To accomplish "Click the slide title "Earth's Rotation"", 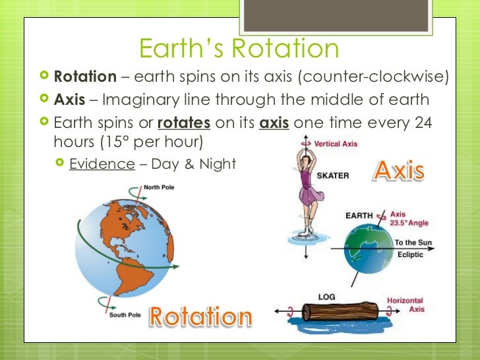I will pyautogui.click(x=239, y=48).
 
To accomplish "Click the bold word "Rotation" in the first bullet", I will pyautogui.click(x=85, y=76).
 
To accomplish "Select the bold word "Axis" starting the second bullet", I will pyautogui.click(x=69, y=100).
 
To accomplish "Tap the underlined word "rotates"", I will pyautogui.click(x=184, y=123).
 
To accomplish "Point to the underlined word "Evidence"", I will pyautogui.click(x=102, y=164).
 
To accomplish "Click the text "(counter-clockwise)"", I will pyautogui.click(x=374, y=76).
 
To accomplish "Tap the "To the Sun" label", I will pyautogui.click(x=413, y=243).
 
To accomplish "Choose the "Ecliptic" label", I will pyautogui.click(x=409, y=255).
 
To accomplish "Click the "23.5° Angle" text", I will pyautogui.click(x=409, y=223).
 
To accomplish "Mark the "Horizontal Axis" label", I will pyautogui.click(x=405, y=305).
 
